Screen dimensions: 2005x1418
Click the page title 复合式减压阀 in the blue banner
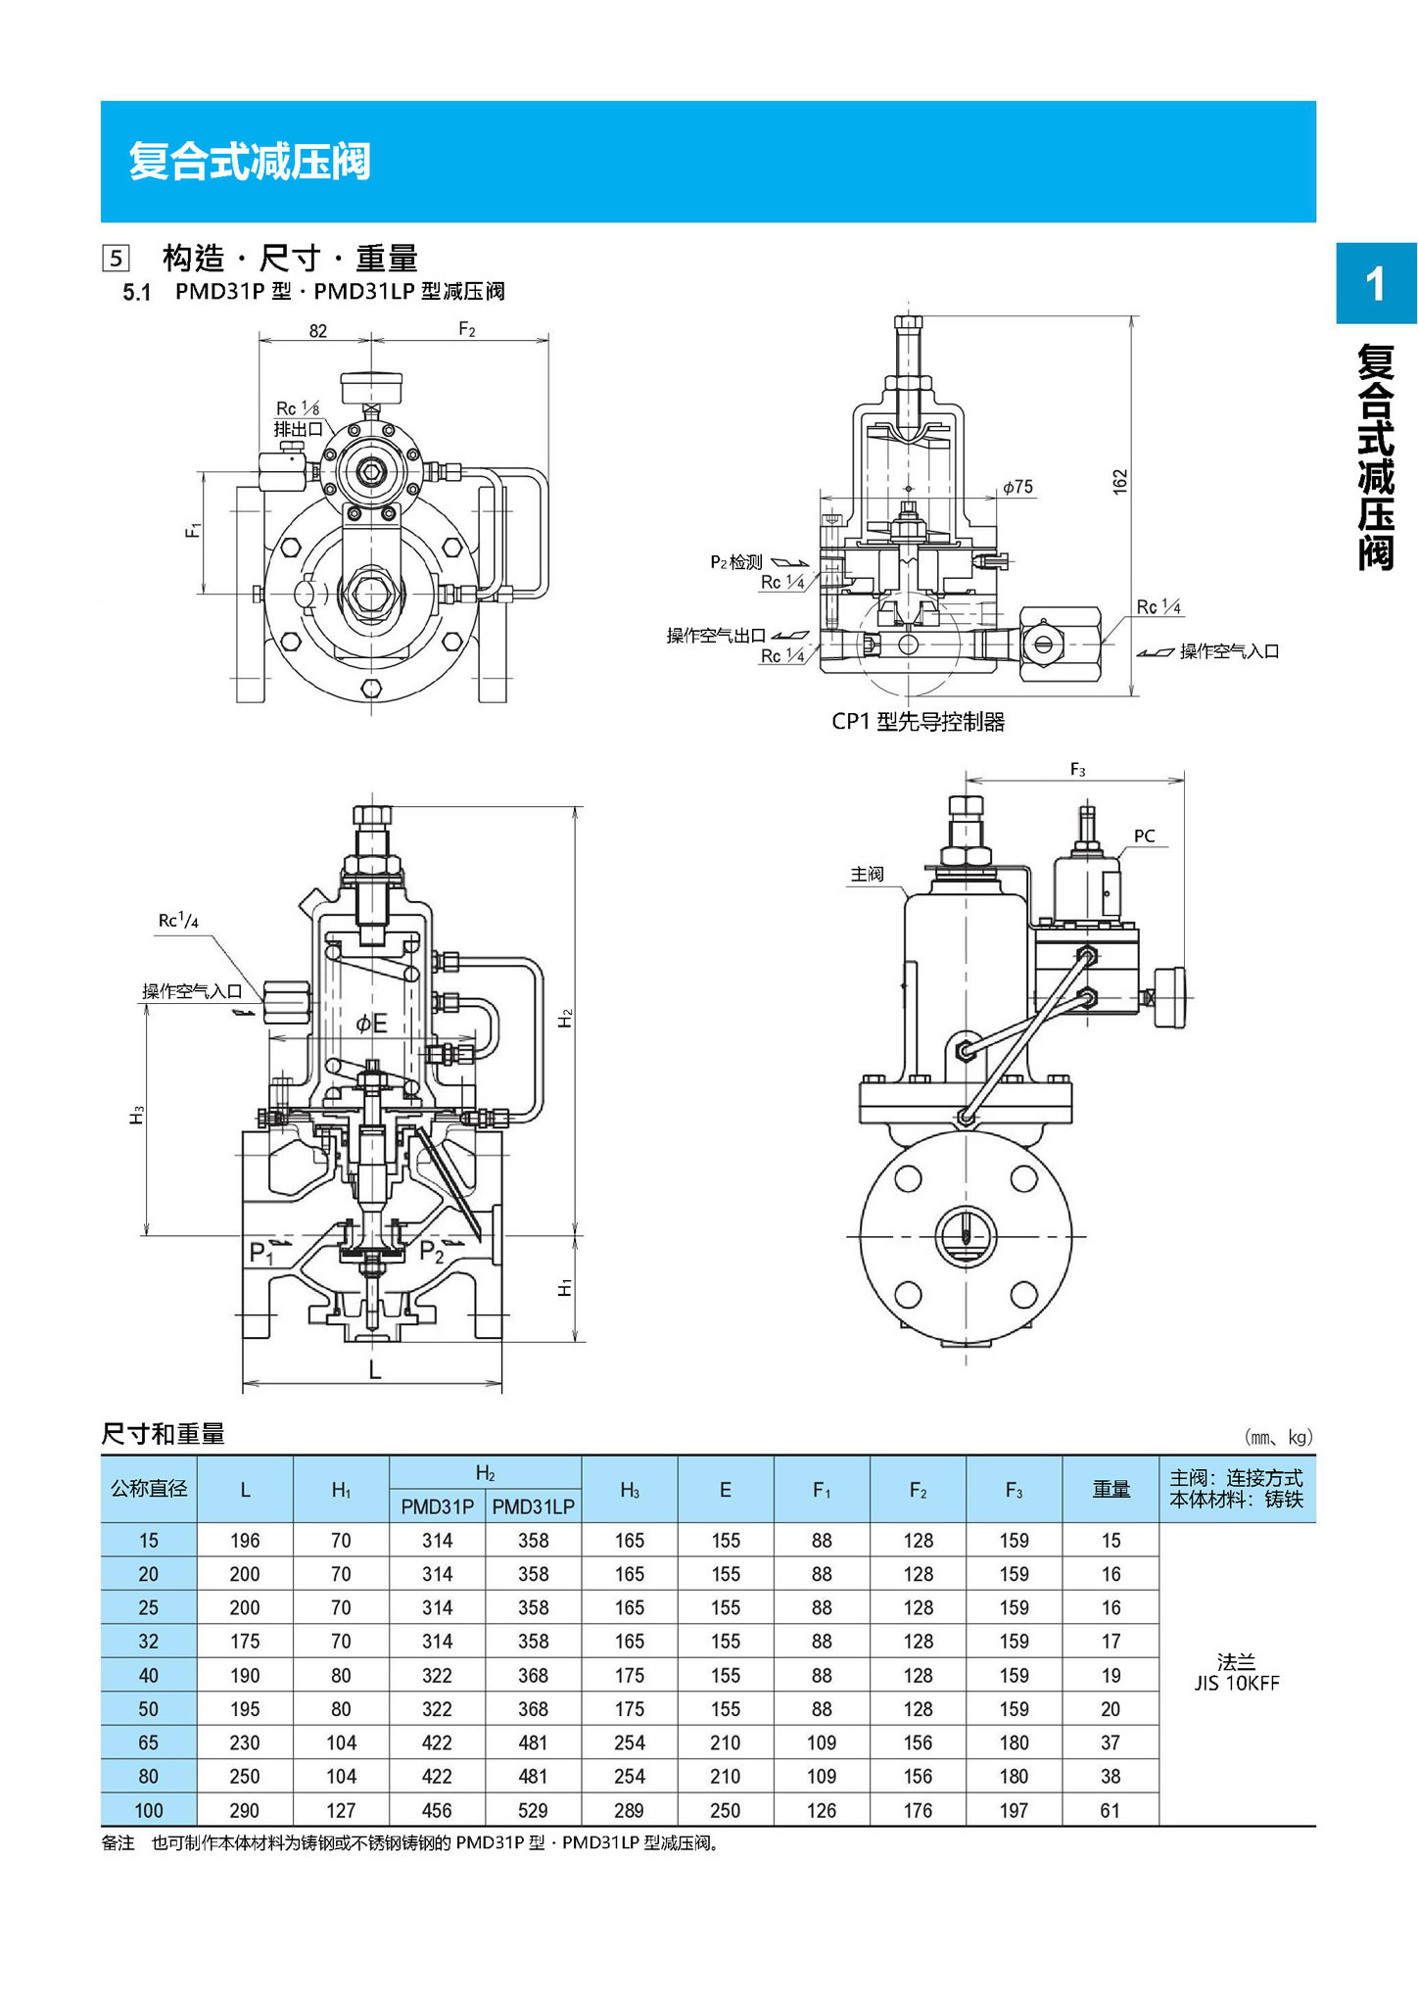coord(250,161)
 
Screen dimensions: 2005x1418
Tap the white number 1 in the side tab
coord(1375,284)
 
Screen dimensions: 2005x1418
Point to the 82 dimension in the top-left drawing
coord(317,331)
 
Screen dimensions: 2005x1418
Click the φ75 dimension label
coord(1017,487)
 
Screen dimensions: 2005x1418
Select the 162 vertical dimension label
coord(1120,481)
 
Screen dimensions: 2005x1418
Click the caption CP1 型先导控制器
coord(918,722)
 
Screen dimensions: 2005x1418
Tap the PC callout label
coord(1144,835)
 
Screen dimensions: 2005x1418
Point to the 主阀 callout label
coord(867,874)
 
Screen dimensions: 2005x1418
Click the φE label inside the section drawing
coord(371,1024)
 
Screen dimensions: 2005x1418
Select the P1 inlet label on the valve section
coord(260,1253)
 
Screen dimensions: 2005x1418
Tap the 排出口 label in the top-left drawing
coord(298,429)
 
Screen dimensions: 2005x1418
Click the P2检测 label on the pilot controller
coord(735,561)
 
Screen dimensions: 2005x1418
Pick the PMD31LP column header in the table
coord(533,1506)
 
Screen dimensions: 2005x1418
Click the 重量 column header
coord(1111,1489)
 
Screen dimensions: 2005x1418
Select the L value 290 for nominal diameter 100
coord(245,1810)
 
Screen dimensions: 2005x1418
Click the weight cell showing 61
coord(1111,1810)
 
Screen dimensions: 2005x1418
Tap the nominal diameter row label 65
coord(149,1742)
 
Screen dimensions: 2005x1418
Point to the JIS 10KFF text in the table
coord(1236,1684)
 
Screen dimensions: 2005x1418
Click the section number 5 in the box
coord(117,259)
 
